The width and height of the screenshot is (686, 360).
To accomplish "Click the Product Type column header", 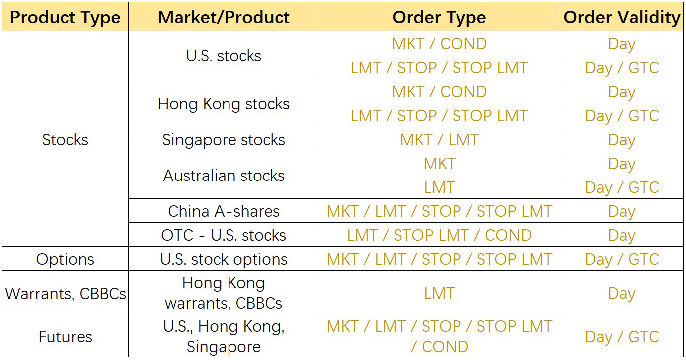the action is pyautogui.click(x=65, y=17).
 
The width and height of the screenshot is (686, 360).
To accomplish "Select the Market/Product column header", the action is pyautogui.click(x=224, y=17).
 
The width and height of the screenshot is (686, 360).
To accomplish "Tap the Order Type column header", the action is pyautogui.click(x=439, y=17).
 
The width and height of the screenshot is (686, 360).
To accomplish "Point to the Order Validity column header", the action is pyautogui.click(x=622, y=17).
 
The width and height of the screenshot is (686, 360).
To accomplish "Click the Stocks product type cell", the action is pyautogui.click(x=65, y=140).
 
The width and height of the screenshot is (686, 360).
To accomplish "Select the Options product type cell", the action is pyautogui.click(x=65, y=259).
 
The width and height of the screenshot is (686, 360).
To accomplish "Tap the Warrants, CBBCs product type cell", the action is pyautogui.click(x=65, y=294).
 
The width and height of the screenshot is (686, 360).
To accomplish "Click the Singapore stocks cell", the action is pyautogui.click(x=224, y=140).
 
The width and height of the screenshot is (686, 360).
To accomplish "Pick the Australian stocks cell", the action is pyautogui.click(x=224, y=176).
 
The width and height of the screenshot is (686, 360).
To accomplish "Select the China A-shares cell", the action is pyautogui.click(x=224, y=211).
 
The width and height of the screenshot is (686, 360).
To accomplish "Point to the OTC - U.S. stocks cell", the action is pyautogui.click(x=224, y=235).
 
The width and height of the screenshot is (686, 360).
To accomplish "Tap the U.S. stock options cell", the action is pyautogui.click(x=224, y=259).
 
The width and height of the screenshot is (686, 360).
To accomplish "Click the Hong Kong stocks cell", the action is pyautogui.click(x=224, y=104).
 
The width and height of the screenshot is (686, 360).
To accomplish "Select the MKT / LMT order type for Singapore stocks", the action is pyautogui.click(x=439, y=140).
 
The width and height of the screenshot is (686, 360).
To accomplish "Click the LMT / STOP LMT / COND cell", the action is pyautogui.click(x=439, y=235).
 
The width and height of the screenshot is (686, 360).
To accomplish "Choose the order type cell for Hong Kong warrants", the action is pyautogui.click(x=439, y=293).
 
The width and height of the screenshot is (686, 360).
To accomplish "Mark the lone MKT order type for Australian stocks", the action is pyautogui.click(x=439, y=164).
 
